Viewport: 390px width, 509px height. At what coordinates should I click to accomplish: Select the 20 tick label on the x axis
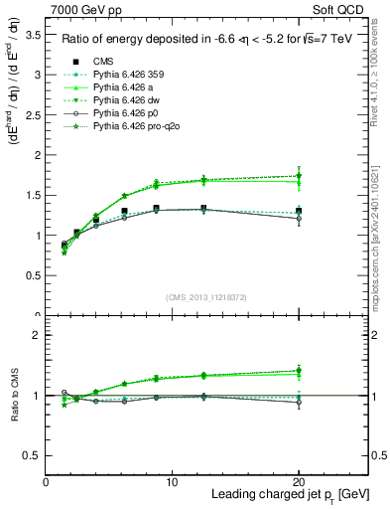point(300,482)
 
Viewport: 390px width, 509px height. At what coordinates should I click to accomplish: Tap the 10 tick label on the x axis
point(173,482)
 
